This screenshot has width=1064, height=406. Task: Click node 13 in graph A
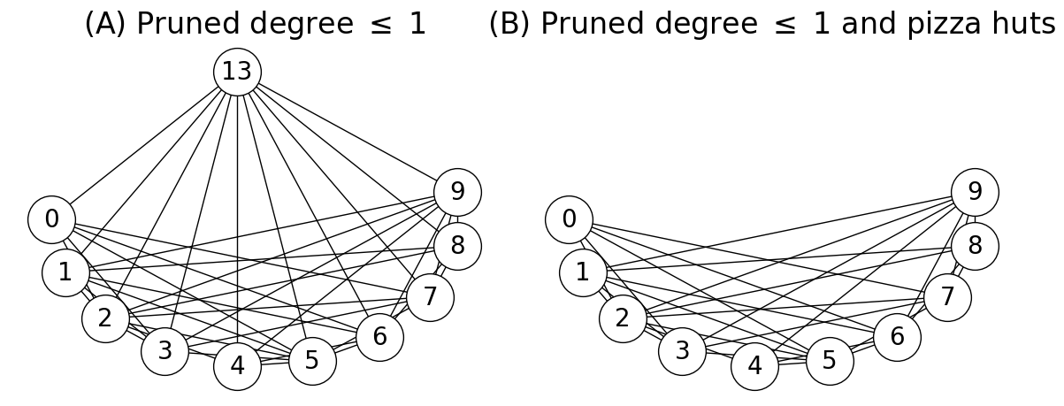(x=237, y=72)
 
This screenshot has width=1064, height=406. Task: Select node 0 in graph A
(x=51, y=219)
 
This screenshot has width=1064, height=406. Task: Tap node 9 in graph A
(x=457, y=192)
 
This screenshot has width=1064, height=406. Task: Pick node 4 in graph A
(x=237, y=366)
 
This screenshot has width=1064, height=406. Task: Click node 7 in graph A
(x=430, y=297)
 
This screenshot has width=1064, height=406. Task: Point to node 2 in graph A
(x=105, y=318)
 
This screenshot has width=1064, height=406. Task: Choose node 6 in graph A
(x=379, y=337)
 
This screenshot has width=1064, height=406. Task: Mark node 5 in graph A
(x=312, y=361)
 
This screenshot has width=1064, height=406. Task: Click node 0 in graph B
(x=569, y=219)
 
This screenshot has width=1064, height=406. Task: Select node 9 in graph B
(x=975, y=192)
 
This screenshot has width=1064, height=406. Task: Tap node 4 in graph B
(x=754, y=366)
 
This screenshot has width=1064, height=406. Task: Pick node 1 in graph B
(x=582, y=272)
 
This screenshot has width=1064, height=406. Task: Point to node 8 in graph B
(x=975, y=246)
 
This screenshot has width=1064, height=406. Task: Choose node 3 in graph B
(x=682, y=351)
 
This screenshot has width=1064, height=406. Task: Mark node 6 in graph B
(x=897, y=337)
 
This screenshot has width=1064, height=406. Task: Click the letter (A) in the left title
(x=105, y=25)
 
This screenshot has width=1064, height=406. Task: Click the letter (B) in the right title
(x=509, y=25)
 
